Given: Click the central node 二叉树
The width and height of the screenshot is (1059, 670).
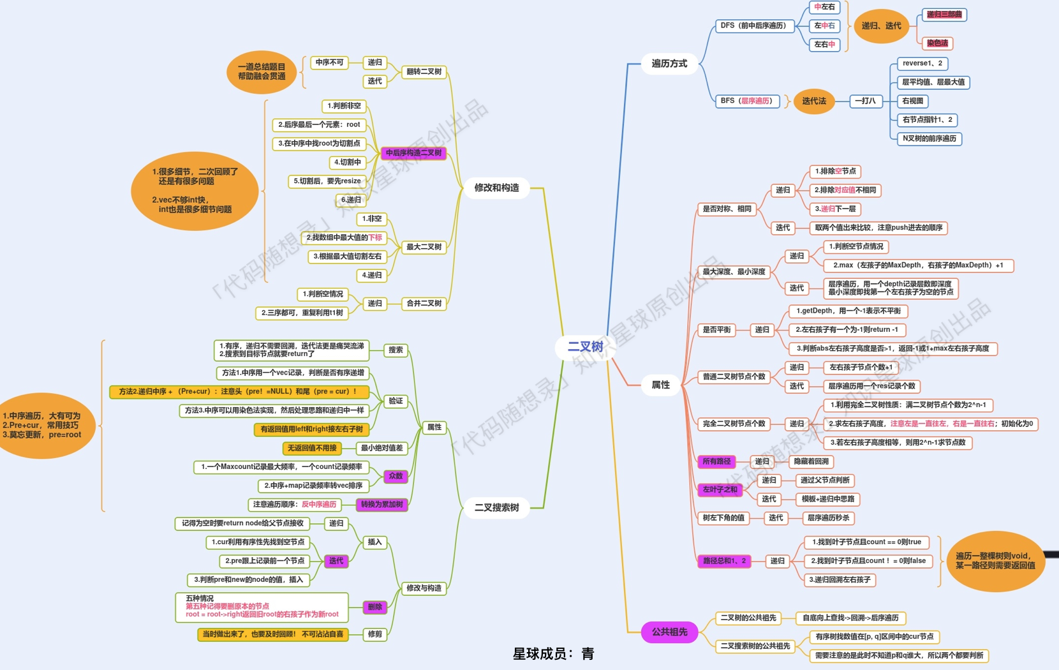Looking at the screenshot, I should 585,346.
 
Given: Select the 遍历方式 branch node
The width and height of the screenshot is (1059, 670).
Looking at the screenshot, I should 669,63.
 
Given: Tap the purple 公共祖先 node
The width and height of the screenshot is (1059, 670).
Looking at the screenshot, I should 669,632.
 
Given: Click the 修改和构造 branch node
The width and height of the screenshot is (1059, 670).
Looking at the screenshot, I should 496,188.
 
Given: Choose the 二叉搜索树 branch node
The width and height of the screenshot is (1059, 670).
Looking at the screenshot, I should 496,507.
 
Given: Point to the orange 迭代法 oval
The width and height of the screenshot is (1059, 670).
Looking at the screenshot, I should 813,101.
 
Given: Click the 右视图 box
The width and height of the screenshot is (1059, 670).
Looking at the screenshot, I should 912,101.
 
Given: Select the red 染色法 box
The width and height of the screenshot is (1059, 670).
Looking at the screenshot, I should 937,43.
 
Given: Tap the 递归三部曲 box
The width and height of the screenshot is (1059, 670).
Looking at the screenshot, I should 944,15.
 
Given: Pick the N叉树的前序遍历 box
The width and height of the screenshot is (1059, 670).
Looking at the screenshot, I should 929,138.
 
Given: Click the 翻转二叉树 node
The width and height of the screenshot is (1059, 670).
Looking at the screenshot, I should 424,71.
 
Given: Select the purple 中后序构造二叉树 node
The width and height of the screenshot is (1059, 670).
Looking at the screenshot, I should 413,153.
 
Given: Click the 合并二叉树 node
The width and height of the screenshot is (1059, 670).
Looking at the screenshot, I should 424,303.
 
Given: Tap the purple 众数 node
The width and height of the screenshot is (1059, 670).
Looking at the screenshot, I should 396,476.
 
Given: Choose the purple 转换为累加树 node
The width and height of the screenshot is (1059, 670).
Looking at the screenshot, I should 381,504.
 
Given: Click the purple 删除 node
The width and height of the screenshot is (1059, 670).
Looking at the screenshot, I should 374,607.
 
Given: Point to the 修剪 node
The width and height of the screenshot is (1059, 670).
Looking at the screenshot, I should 374,634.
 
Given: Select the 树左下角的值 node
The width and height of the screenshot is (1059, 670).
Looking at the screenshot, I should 723,518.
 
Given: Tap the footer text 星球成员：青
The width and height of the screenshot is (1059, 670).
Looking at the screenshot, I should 553,653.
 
